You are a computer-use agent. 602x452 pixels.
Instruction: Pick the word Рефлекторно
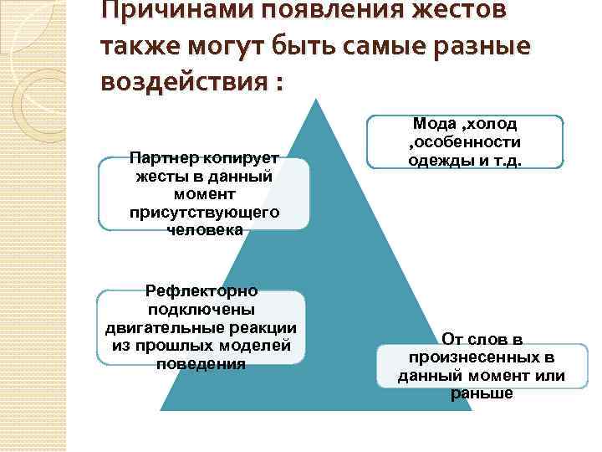point(202,292)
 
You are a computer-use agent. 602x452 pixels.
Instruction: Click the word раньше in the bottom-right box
point(482,393)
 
